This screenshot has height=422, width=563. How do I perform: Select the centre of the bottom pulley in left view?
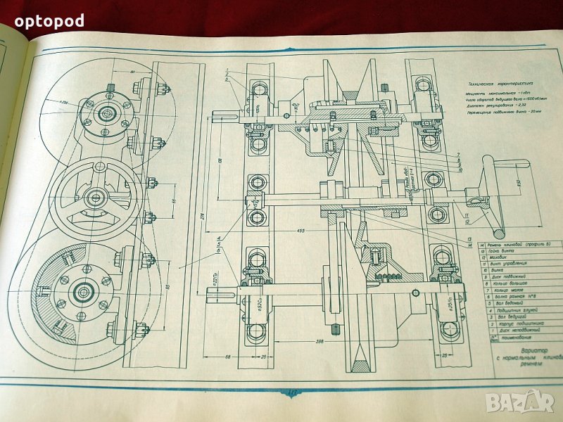(82, 291)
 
